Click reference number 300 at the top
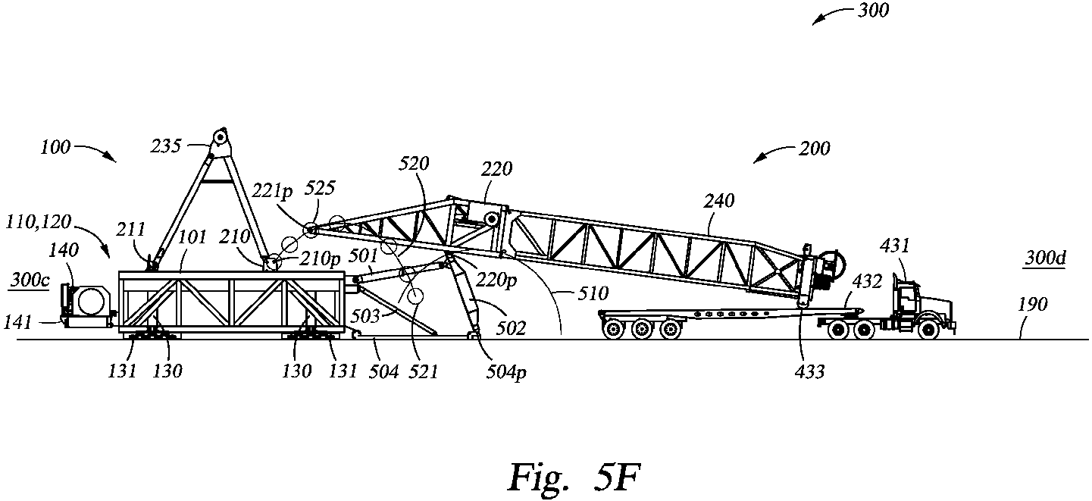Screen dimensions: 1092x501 875,11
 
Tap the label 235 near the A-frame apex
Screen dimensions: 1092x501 188,146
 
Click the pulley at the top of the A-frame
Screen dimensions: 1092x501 221,138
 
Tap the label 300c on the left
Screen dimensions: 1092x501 30,280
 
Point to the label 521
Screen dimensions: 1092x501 423,371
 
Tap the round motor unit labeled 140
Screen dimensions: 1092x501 89,298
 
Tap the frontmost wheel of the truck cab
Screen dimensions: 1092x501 928,329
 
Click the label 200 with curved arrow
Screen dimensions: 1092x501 814,149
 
